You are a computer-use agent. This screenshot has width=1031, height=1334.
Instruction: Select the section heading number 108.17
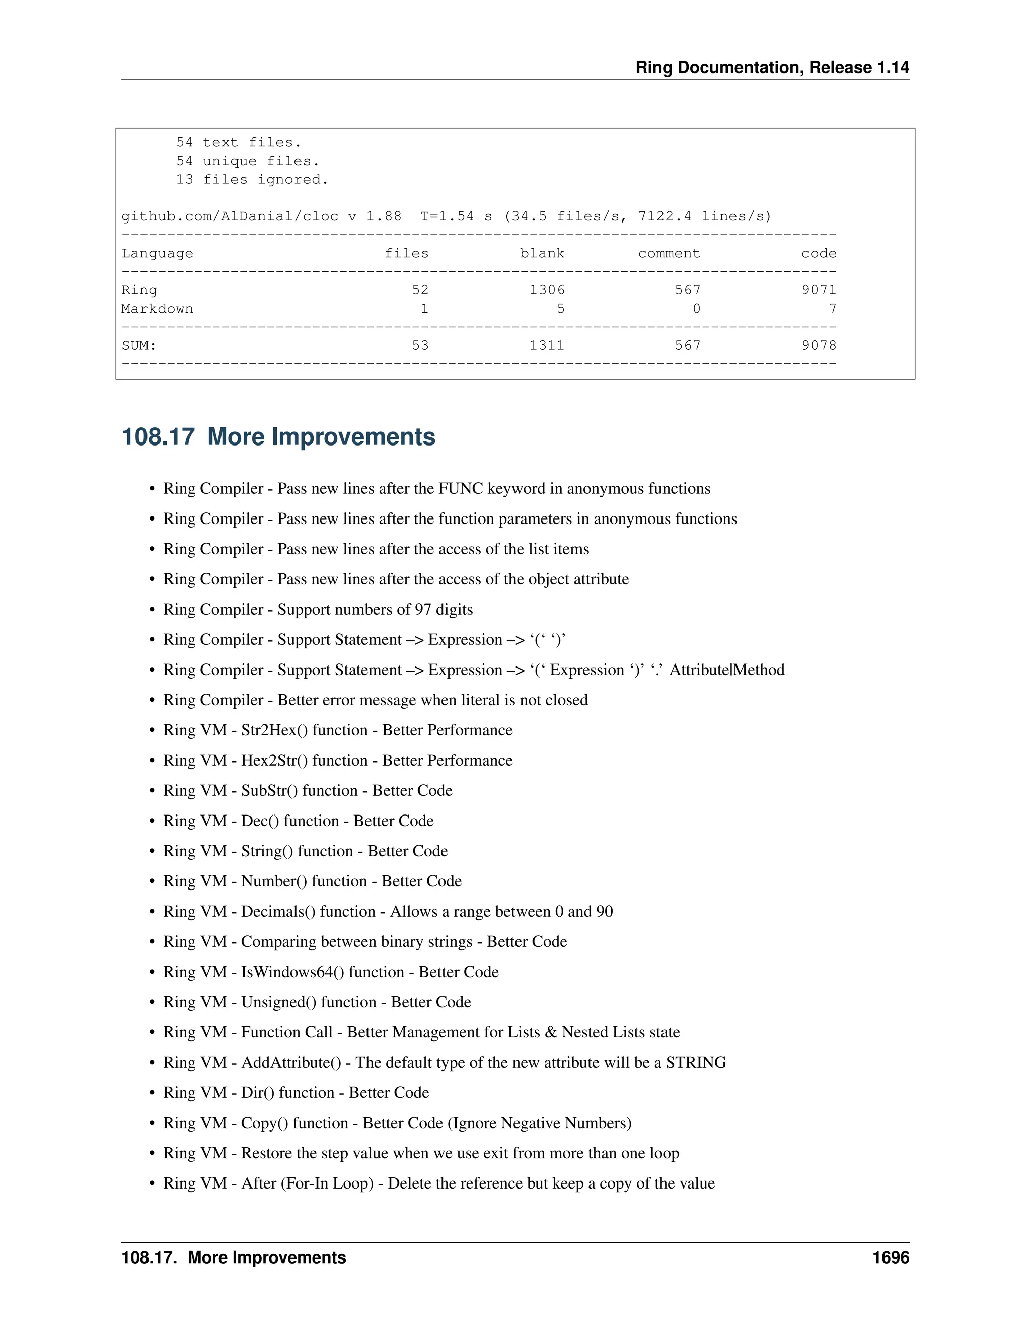pos(158,437)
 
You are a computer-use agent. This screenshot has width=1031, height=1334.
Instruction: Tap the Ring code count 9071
pos(819,290)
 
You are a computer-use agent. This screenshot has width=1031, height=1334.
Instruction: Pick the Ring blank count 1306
pos(547,290)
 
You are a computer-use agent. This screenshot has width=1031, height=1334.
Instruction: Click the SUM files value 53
pos(420,346)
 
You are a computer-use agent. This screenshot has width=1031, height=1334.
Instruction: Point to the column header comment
pos(669,254)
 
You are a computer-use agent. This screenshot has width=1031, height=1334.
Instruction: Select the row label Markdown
pos(157,309)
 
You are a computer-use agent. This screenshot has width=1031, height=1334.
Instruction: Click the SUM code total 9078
pos(819,346)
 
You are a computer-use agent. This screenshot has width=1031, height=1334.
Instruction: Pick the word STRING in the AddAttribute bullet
pos(696,1063)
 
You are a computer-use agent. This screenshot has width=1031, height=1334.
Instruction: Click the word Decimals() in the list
pos(278,912)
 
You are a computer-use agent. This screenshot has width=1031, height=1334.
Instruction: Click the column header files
pos(406,254)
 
